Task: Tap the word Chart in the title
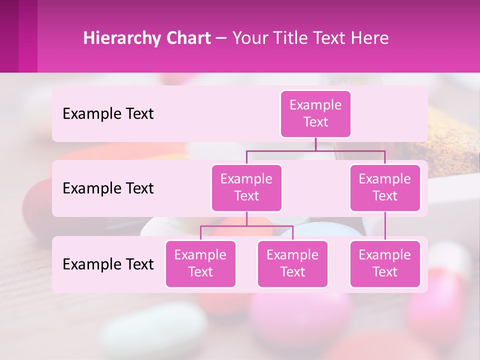(187, 38)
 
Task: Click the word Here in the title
(370, 38)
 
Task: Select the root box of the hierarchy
(315, 114)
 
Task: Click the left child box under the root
(246, 188)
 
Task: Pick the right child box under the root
(385, 188)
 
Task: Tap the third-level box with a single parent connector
(385, 264)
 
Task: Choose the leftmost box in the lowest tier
(200, 264)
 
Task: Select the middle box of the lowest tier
(292, 264)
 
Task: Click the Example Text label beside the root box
(108, 114)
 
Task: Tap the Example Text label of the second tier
(108, 188)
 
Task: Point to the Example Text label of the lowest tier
(108, 264)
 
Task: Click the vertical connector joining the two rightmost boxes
(385, 226)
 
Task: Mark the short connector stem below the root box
(315, 144)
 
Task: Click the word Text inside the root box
(315, 122)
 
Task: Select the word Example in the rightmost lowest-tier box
(384, 255)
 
